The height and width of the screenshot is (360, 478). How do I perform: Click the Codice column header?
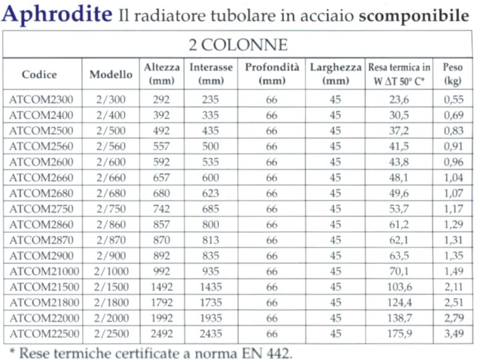click(39, 75)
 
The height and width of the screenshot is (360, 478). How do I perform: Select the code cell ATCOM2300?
click(41, 99)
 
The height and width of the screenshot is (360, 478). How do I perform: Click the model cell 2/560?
click(111, 147)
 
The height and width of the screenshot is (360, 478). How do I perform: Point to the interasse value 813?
click(212, 240)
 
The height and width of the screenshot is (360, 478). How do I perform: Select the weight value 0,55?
click(453, 99)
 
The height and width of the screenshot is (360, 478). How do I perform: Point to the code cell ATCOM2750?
click(41, 209)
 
